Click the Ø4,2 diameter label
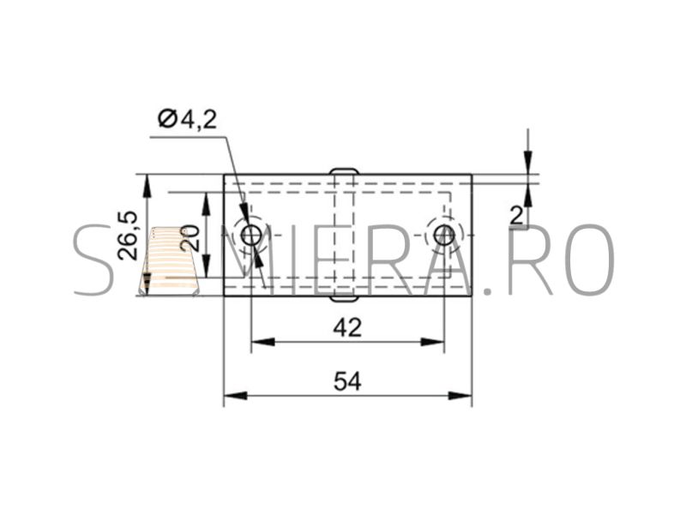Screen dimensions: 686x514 pos(188,119)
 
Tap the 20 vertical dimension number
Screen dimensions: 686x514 pos(190,238)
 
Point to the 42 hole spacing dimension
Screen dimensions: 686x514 pos(347,327)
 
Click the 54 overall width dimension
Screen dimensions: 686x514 pos(347,381)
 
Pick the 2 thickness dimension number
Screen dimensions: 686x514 pos(516,216)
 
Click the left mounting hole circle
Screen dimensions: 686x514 pos(251,236)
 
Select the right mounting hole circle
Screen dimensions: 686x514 pos(443,236)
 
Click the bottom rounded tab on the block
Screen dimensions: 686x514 pos(344,299)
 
